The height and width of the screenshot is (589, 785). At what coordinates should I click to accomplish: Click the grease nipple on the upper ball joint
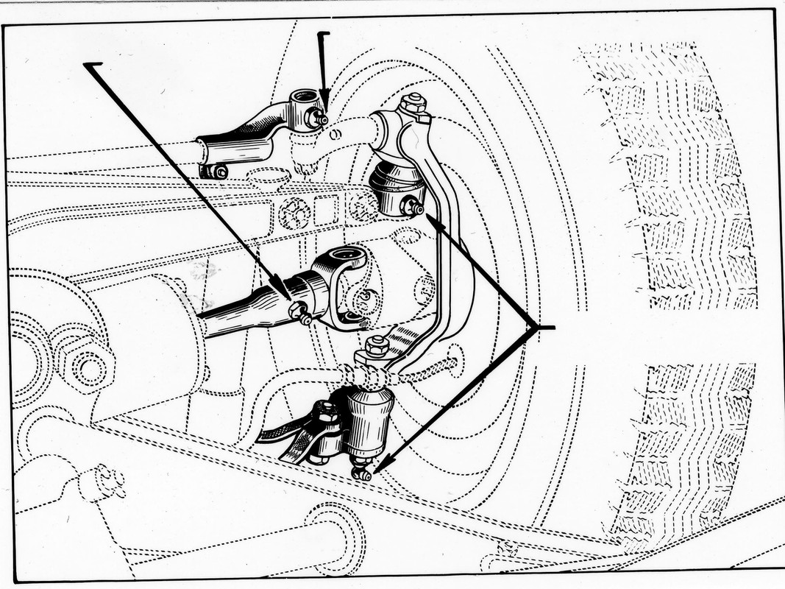click(x=414, y=208)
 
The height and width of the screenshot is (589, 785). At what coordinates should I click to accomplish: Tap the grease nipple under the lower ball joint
click(x=362, y=472)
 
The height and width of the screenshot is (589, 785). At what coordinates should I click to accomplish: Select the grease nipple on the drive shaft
click(x=299, y=314)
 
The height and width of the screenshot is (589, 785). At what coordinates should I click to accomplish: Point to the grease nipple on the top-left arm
click(x=320, y=119)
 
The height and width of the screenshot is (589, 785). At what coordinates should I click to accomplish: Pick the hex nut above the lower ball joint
click(x=376, y=345)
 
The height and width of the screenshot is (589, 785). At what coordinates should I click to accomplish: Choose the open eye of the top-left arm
click(x=302, y=96)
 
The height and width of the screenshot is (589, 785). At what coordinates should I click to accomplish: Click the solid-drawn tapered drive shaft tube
click(x=243, y=313)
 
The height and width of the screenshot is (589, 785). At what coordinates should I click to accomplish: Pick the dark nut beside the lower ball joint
click(x=324, y=412)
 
